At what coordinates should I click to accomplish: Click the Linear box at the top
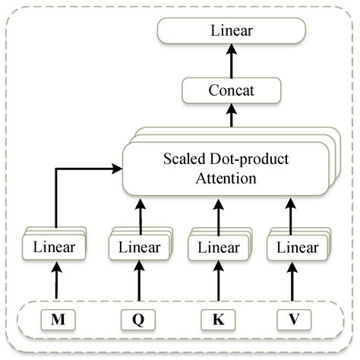click(x=231, y=31)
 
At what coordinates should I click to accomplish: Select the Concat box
click(x=231, y=92)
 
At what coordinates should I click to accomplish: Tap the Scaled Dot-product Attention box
click(x=226, y=169)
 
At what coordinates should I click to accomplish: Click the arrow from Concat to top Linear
click(x=231, y=61)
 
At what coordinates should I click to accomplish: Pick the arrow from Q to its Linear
click(x=137, y=285)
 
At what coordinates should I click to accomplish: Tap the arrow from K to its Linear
click(x=216, y=285)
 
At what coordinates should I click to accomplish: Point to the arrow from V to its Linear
click(x=294, y=285)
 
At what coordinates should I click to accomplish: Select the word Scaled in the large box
click(x=183, y=159)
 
